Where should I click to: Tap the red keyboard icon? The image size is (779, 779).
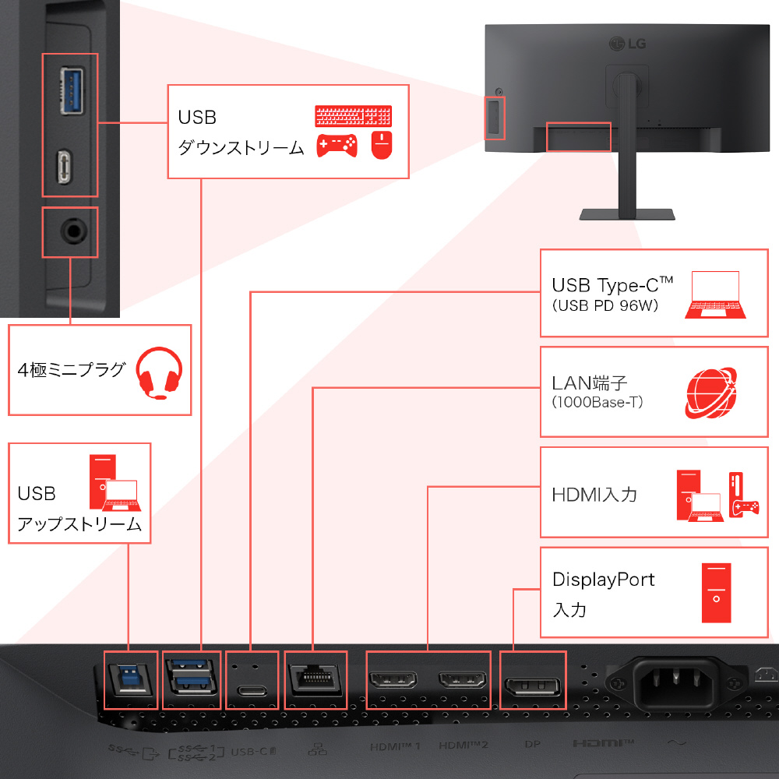pyautogui.click(x=354, y=116)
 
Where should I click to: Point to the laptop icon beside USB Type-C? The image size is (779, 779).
pyautogui.click(x=715, y=295)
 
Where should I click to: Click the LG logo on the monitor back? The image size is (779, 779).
pyautogui.click(x=628, y=42)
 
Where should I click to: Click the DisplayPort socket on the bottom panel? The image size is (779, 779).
pyautogui.click(x=530, y=685)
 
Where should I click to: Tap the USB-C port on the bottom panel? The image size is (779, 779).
pyautogui.click(x=252, y=690)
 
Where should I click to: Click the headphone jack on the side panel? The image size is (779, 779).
pyautogui.click(x=69, y=231)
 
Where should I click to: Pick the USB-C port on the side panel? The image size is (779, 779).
pyautogui.click(x=69, y=166)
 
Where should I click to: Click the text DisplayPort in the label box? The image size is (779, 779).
pyautogui.click(x=603, y=580)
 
